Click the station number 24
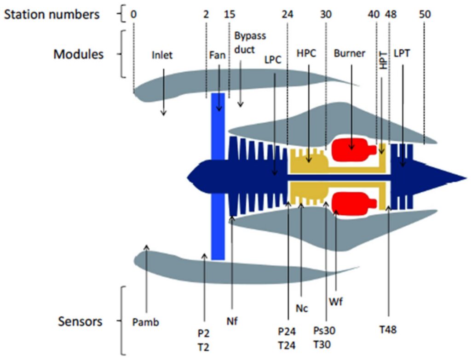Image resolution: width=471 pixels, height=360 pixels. click(287, 14)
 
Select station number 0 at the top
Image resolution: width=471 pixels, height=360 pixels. click(133, 14)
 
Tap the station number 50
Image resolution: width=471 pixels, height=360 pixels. click(425, 14)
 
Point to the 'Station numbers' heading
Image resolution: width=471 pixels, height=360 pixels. click(52, 14)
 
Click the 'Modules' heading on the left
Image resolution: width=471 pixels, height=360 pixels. click(79, 54)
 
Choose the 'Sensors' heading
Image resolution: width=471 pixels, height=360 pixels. click(80, 321)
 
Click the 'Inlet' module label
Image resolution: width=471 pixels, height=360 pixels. click(162, 56)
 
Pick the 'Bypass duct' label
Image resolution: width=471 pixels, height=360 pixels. click(250, 43)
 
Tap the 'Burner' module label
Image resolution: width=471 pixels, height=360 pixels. click(350, 53)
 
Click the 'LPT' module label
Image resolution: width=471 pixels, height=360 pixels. click(402, 53)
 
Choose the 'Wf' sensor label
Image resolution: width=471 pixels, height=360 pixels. click(335, 302)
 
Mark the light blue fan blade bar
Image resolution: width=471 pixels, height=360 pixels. click(218, 175)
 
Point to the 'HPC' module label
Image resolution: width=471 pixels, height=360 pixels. click(306, 53)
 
